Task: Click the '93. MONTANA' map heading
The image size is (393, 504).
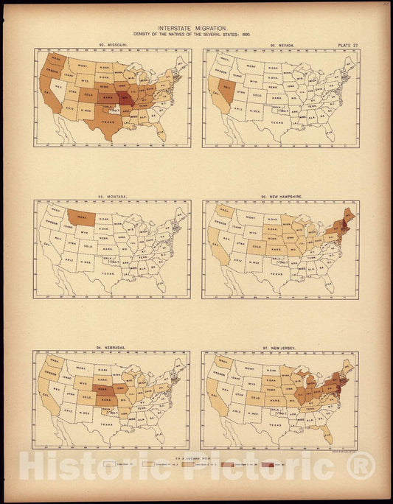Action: coord(113,197)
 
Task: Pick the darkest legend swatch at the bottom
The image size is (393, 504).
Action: coord(279,466)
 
